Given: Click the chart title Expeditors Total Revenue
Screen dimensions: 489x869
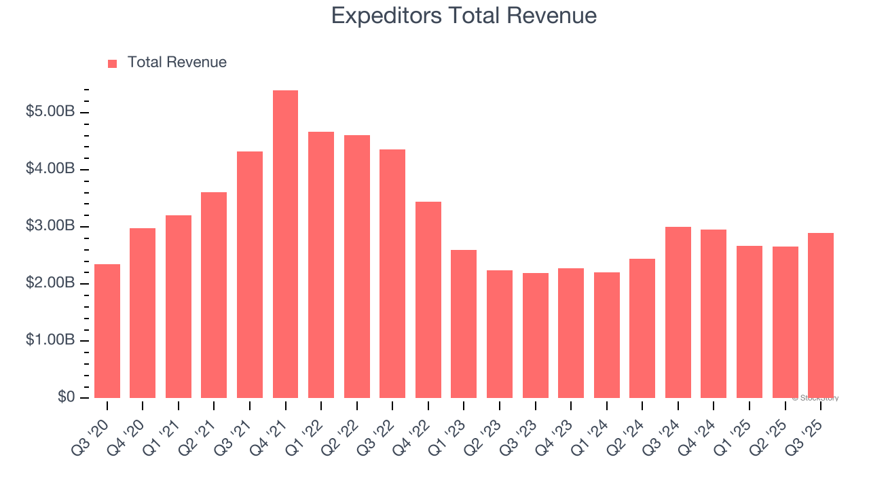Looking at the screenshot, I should [x=464, y=16].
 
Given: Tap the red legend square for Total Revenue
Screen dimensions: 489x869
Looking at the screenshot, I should [x=113, y=63].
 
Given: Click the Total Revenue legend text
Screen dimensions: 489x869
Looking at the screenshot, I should [x=177, y=62].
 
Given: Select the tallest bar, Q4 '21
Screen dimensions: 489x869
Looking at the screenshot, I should [x=285, y=244].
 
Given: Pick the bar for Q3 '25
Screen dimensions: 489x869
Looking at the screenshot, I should [x=821, y=315].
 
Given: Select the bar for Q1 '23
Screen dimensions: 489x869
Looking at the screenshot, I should [x=464, y=324].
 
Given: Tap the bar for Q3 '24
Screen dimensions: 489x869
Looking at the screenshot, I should [x=678, y=312].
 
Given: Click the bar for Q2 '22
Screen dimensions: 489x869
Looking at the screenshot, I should [x=356, y=266].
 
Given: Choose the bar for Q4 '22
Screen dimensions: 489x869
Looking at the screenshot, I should [x=428, y=300].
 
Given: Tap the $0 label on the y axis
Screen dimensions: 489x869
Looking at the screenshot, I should [x=66, y=397].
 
